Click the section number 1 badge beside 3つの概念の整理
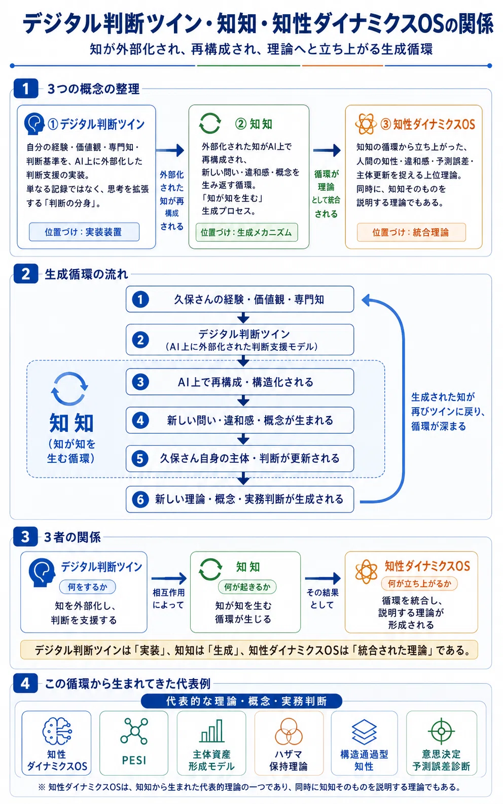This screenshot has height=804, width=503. (x=25, y=88)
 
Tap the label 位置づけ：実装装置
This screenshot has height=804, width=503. (x=84, y=232)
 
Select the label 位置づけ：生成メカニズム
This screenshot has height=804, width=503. (x=246, y=232)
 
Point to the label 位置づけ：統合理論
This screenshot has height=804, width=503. (x=411, y=232)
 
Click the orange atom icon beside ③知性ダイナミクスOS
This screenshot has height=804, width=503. (x=366, y=124)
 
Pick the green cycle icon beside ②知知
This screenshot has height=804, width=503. (x=210, y=124)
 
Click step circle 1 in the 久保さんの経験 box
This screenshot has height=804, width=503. (x=140, y=300)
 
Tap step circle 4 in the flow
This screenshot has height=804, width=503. (x=140, y=420)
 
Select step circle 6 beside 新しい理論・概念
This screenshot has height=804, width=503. (x=140, y=500)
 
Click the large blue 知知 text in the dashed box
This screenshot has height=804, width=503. (x=71, y=423)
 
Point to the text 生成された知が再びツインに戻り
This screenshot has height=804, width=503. (x=448, y=404)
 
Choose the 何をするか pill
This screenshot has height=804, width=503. (x=88, y=587)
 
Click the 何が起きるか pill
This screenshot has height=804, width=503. (x=247, y=587)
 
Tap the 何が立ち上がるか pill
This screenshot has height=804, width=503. (x=419, y=583)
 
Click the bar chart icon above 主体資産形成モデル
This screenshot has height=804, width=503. (x=212, y=731)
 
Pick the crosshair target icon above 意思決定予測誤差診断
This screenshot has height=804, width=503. (x=441, y=731)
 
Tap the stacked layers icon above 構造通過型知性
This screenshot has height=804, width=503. (x=364, y=732)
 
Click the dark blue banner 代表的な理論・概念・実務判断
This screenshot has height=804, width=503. (x=241, y=701)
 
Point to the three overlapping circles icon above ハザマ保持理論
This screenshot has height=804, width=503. (x=289, y=732)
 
